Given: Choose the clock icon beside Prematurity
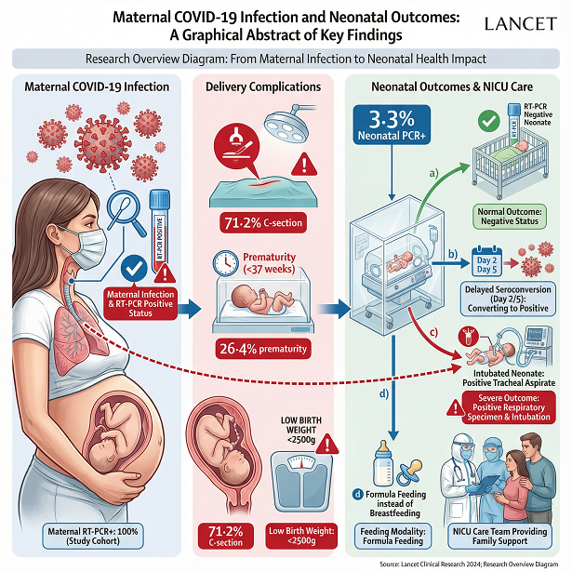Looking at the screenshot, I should pos(226,263).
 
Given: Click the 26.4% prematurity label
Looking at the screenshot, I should pos(262,348).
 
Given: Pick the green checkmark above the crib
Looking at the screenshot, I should pos(485,120).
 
